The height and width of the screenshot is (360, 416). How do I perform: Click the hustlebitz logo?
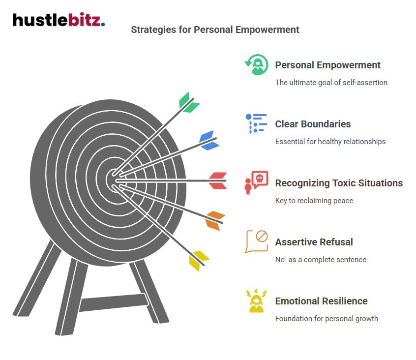(59, 21)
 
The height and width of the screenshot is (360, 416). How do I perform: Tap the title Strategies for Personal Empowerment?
(215, 30)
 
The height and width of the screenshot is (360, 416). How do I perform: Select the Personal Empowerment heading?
(327, 65)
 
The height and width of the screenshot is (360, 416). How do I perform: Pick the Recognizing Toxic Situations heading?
(339, 183)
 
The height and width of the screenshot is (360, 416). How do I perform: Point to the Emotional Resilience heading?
(321, 301)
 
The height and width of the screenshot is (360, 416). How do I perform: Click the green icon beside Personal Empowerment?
(256, 64)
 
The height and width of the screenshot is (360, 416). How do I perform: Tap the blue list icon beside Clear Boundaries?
(256, 123)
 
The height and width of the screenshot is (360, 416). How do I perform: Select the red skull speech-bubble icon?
(256, 182)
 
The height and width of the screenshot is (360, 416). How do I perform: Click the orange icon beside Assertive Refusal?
(256, 241)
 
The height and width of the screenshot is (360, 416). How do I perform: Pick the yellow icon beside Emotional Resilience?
(256, 301)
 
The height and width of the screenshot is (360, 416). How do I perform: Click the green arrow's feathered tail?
(188, 102)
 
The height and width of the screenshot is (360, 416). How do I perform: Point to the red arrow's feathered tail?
(217, 180)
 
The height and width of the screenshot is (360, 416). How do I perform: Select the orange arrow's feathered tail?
(214, 220)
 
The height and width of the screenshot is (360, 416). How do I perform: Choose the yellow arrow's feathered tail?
(199, 260)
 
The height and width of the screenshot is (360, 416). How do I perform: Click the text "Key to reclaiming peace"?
(314, 201)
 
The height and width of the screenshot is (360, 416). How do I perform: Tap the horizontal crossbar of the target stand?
(113, 302)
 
